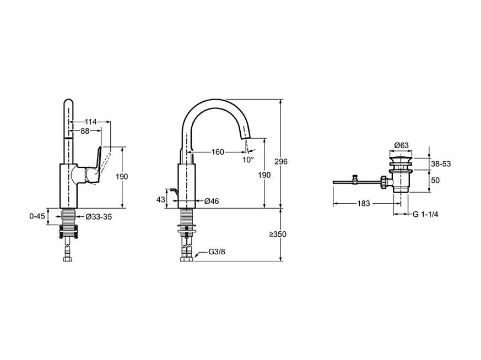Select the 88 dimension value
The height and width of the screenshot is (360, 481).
coord(85,131)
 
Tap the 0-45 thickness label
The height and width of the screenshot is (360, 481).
coord(37,216)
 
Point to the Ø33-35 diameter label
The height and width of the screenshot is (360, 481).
coord(99,217)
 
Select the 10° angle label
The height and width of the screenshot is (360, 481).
coord(249,160)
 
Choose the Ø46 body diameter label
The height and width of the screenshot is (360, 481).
coord(212,201)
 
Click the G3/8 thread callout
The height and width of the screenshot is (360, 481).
coord(217,253)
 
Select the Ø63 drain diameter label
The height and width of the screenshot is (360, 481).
coord(402,145)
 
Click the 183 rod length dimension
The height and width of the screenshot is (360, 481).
coord(364,203)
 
